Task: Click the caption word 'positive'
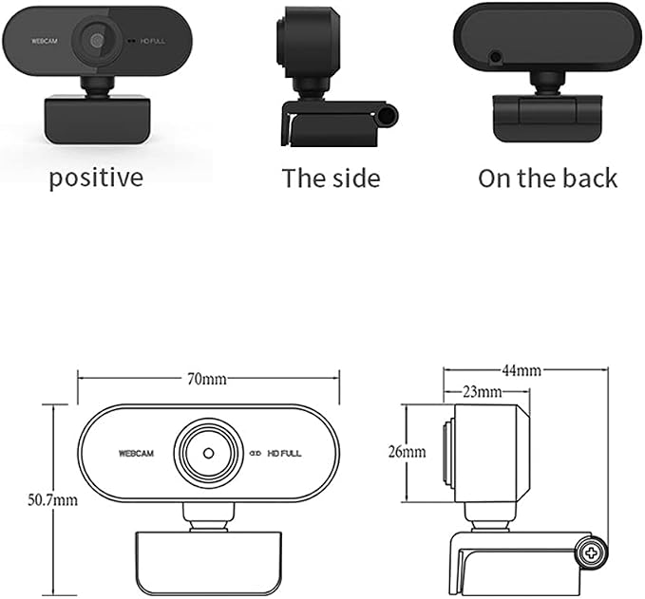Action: [96, 178]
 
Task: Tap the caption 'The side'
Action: [332, 178]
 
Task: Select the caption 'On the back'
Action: [547, 178]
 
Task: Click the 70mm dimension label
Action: [207, 379]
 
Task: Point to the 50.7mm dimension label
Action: [52, 500]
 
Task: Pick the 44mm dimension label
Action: [522, 371]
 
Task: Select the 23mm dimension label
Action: [483, 392]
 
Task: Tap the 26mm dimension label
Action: [407, 452]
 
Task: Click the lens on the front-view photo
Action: [97, 41]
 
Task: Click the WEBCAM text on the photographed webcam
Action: [45, 41]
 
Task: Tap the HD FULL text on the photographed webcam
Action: [153, 41]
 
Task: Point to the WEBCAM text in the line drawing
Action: [136, 454]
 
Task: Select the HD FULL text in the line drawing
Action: [284, 454]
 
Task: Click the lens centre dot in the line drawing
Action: [209, 453]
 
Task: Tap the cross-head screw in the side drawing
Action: [592, 552]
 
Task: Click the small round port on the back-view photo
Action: [497, 56]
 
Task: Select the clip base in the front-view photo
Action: [97, 120]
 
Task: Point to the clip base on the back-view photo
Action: [547, 119]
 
